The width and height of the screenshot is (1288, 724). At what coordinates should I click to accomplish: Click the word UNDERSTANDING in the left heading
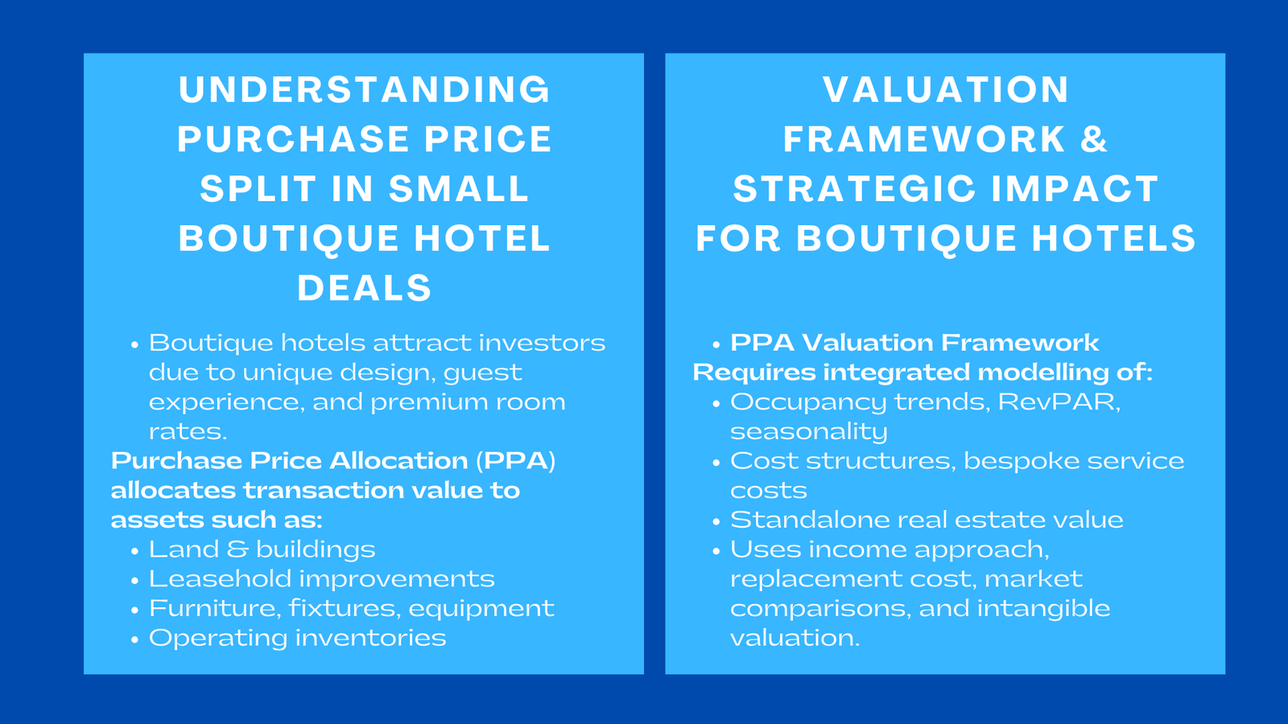(x=364, y=90)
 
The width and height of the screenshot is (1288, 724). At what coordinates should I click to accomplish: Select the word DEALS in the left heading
(x=364, y=289)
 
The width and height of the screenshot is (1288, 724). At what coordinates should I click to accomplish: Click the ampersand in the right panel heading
(x=1094, y=140)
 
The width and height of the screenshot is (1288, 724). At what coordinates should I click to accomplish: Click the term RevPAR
(x=1059, y=401)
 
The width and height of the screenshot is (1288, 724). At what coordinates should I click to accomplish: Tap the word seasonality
(x=808, y=432)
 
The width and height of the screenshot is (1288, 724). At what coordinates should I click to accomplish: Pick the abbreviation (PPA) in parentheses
(x=515, y=461)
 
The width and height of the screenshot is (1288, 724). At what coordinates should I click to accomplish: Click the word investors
(x=542, y=343)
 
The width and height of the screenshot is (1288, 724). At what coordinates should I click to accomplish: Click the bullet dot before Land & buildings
(x=135, y=551)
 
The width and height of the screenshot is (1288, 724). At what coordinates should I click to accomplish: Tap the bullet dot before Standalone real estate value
(x=716, y=522)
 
